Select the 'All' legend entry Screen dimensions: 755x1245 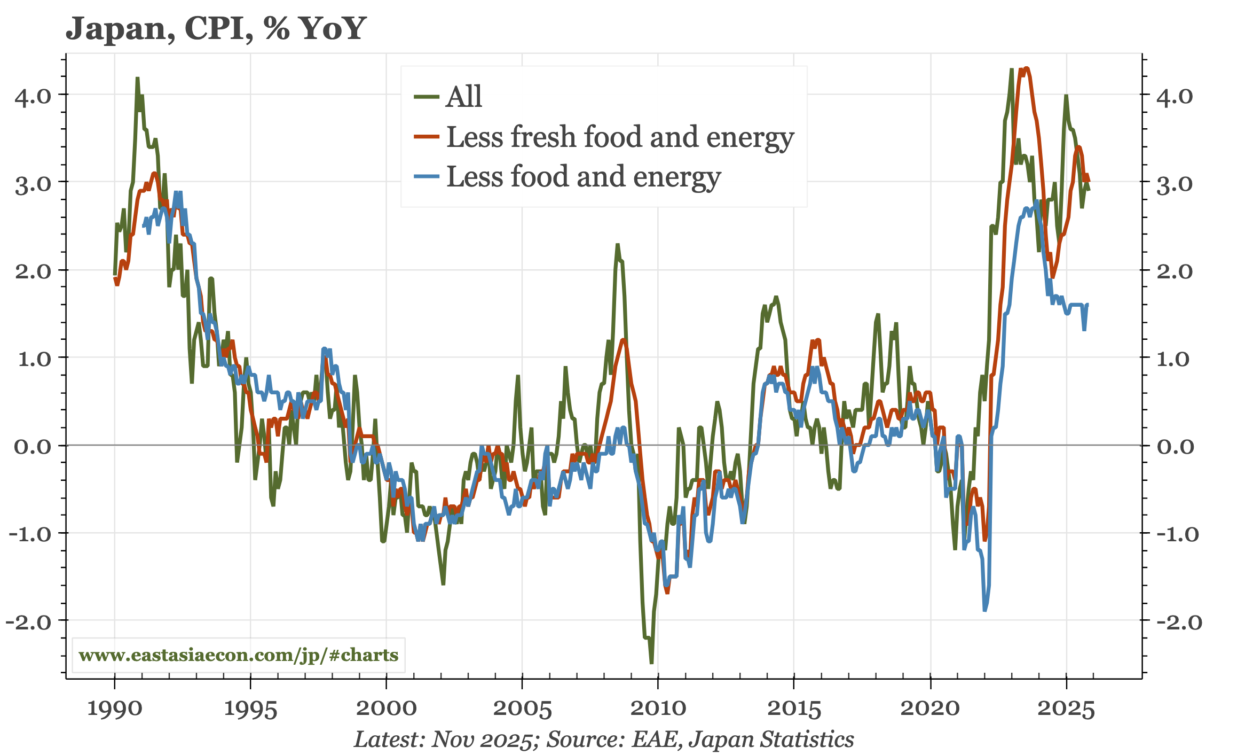(463, 97)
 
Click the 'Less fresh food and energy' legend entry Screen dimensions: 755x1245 (619, 137)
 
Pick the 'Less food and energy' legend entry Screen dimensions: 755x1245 (583, 177)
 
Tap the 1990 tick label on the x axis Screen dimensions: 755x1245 (114, 709)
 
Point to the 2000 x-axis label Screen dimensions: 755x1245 (386, 709)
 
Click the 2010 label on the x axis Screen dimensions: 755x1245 (658, 709)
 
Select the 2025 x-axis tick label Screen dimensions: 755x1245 (1066, 709)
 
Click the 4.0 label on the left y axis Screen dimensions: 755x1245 (33, 97)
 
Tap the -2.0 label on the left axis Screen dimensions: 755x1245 (29, 621)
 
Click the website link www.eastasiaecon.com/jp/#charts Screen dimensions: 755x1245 (238, 655)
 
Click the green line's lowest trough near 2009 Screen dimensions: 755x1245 (651, 663)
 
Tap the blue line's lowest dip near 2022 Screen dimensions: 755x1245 (985, 610)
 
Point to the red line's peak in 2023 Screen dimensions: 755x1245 (1026, 68)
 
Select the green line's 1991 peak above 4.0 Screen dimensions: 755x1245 (137, 79)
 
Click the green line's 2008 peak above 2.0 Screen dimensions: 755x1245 (618, 245)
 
